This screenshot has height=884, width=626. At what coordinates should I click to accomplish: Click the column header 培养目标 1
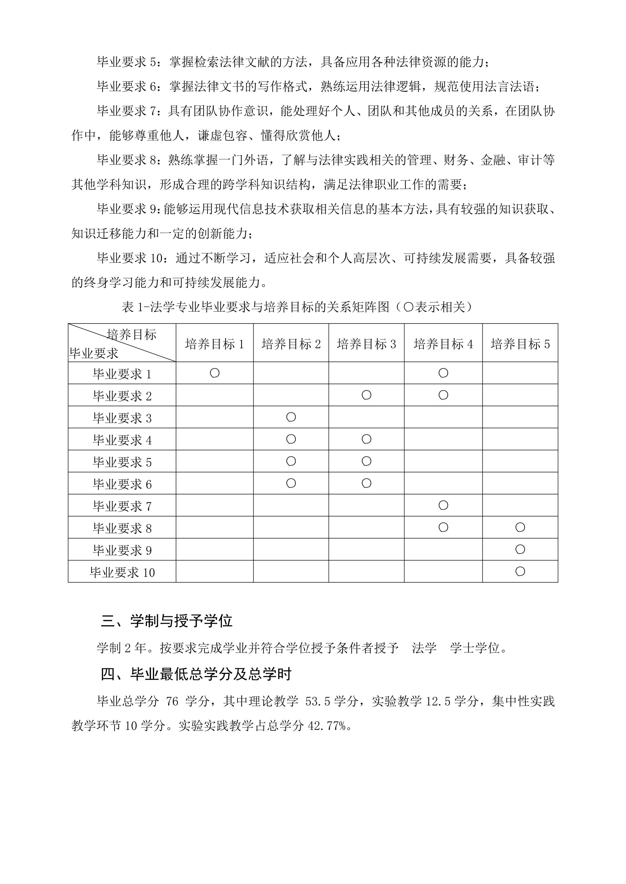pyautogui.click(x=214, y=344)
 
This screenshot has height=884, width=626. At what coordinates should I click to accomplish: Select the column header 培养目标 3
pyautogui.click(x=366, y=344)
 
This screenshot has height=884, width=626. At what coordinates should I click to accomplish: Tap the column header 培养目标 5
pyautogui.click(x=520, y=344)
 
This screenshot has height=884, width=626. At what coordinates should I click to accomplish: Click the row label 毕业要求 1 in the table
pyautogui.click(x=122, y=374)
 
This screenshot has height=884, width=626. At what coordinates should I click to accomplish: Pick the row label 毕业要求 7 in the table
pyautogui.click(x=122, y=506)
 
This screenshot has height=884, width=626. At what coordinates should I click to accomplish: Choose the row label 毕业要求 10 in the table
pyautogui.click(x=122, y=572)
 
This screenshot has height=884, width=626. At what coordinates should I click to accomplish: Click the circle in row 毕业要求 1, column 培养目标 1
pyautogui.click(x=215, y=373)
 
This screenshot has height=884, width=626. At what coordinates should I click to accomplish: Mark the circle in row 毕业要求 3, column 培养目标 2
pyautogui.click(x=291, y=417)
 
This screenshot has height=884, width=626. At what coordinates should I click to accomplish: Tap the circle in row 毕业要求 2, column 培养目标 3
pyautogui.click(x=366, y=395)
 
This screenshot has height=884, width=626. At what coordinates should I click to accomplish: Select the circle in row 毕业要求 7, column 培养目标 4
pyautogui.click(x=443, y=505)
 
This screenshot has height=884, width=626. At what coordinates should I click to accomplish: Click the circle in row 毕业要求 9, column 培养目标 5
pyautogui.click(x=520, y=549)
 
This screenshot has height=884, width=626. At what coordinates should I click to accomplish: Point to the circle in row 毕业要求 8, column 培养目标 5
pyautogui.click(x=520, y=527)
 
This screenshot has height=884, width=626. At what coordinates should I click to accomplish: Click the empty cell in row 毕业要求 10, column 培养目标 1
pyautogui.click(x=214, y=571)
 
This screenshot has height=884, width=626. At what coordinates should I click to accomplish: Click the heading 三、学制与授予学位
pyautogui.click(x=167, y=621)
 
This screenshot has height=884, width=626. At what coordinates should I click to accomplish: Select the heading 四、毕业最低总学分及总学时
pyautogui.click(x=196, y=674)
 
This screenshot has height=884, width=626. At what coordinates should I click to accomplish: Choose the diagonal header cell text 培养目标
pyautogui.click(x=131, y=335)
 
